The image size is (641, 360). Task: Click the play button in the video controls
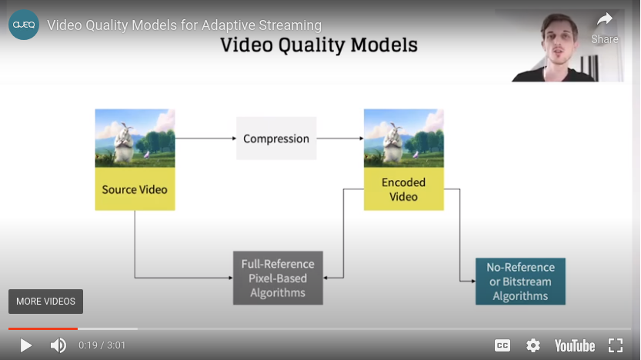coord(25,345)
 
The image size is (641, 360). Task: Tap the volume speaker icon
coord(58,345)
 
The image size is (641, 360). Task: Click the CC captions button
coord(502,345)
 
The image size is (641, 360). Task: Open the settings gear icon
coord(533,345)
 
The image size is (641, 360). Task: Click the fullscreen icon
coord(616,345)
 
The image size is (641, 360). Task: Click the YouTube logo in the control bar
coord(574,346)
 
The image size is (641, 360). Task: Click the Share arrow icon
coord(605,19)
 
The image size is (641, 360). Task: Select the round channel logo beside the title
coord(24,25)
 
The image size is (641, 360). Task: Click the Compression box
coord(276,138)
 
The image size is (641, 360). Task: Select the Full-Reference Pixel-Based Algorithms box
coord(278,278)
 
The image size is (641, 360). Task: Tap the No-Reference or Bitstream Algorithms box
coord(520,282)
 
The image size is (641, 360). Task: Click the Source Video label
coord(135,189)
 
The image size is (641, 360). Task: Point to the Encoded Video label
coord(403,189)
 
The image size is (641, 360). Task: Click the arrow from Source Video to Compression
coord(205,138)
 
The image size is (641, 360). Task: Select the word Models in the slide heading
coord(384,45)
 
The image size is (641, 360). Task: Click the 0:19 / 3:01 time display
coord(102,345)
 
